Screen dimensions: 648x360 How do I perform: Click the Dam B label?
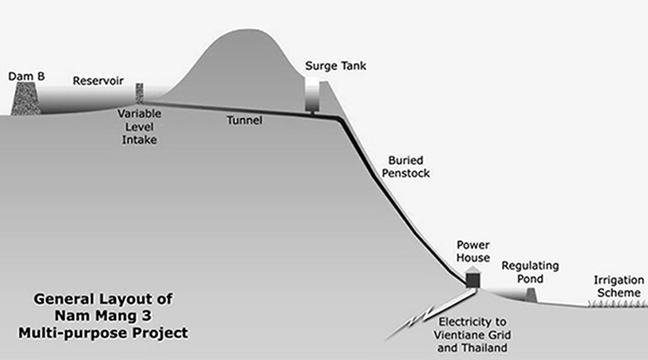click(27, 77)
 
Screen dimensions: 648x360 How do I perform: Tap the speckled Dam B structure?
click(26, 98)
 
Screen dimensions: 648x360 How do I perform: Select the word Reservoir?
click(98, 81)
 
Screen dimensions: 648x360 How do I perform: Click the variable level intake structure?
click(139, 93)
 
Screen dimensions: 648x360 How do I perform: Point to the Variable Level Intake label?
click(139, 127)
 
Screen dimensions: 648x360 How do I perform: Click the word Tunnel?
click(244, 120)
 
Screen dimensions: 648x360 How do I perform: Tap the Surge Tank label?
click(335, 66)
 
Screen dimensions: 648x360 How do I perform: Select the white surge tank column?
click(312, 95)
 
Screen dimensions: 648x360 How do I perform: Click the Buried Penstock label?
click(406, 167)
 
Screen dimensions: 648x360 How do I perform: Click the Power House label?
click(473, 252)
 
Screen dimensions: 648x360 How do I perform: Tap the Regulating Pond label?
click(530, 272)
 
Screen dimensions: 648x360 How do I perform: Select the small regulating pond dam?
click(530, 295)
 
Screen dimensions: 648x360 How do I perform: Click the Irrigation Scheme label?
click(619, 287)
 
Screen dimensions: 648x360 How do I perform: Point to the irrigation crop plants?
click(617, 303)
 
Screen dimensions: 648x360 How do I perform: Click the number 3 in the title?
click(146, 316)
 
